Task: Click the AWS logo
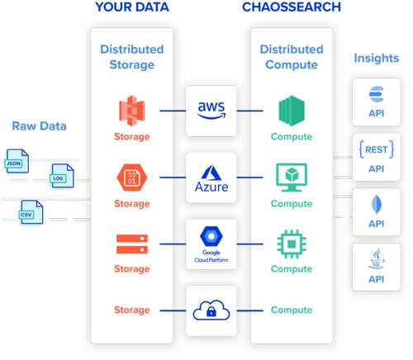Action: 211,110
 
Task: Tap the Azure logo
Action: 211,178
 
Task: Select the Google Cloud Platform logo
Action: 211,244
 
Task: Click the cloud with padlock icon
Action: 211,310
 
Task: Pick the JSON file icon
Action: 17,161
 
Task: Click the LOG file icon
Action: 62,176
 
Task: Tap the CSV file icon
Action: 31,212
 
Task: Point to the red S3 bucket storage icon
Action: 132,111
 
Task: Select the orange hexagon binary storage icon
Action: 132,178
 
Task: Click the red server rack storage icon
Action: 132,244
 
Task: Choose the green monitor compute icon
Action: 292,178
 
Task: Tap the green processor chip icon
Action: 292,244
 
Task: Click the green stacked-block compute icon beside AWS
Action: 292,111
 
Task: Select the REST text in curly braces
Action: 377,149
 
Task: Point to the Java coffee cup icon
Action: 377,258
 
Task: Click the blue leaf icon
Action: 377,205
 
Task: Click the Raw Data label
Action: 40,126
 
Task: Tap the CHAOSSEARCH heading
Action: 292,7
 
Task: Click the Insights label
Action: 377,58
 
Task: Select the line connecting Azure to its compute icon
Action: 249,178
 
